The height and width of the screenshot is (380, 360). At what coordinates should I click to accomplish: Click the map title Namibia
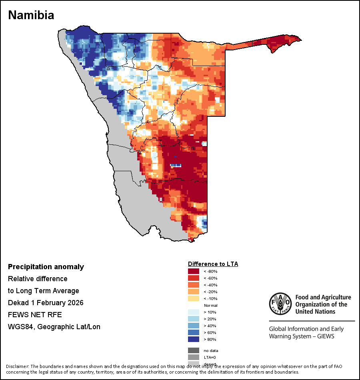pyautogui.click(x=31, y=15)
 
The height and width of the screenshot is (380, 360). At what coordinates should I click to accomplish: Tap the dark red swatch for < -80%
pyautogui.click(x=194, y=271)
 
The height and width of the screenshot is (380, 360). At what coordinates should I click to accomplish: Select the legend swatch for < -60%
pyautogui.click(x=194, y=278)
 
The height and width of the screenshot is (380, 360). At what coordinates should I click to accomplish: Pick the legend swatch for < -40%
pyautogui.click(x=194, y=285)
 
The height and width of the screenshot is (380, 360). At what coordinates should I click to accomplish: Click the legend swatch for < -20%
pyautogui.click(x=194, y=292)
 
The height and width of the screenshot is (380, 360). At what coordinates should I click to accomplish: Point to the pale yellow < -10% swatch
pyautogui.click(x=194, y=298)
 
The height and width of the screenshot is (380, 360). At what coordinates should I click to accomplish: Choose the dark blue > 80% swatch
pyautogui.click(x=194, y=339)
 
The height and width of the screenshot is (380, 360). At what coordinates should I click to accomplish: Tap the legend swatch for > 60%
pyautogui.click(x=194, y=332)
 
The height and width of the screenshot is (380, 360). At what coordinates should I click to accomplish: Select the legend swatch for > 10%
pyautogui.click(x=194, y=312)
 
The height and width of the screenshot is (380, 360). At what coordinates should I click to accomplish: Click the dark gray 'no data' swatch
pyautogui.click(x=194, y=350)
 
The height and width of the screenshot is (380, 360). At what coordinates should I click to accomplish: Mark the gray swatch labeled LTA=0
pyautogui.click(x=194, y=357)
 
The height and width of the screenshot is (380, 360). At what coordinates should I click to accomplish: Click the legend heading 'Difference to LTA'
pyautogui.click(x=213, y=264)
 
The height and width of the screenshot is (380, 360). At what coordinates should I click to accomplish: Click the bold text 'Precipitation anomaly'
pyautogui.click(x=46, y=267)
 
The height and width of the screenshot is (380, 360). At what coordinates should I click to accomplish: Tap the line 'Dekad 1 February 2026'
pyautogui.click(x=46, y=303)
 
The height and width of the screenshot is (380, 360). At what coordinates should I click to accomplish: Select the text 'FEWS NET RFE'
pyautogui.click(x=35, y=315)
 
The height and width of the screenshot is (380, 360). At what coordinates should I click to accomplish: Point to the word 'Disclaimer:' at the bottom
pyautogui.click(x=18, y=366)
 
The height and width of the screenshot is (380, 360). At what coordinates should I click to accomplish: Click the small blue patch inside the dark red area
pyautogui.click(x=176, y=165)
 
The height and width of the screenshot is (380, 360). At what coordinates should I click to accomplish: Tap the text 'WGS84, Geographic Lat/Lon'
pyautogui.click(x=54, y=327)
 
